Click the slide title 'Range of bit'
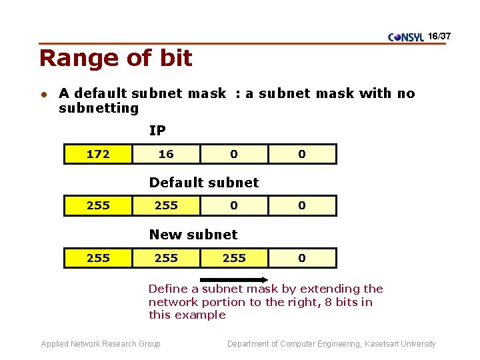pos(115,59)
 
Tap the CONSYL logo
pos(405,37)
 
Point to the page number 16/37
pos(440,35)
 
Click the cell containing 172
pos(98,154)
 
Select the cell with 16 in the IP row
pos(166,154)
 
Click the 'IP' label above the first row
pos(157,131)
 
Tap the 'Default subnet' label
pos(203,183)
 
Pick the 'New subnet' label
pos(193,235)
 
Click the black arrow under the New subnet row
pos(234,280)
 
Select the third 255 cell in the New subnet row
pos(234,258)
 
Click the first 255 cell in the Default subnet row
pos(98,206)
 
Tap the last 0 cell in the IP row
pos(302,154)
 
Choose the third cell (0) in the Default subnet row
pos(234,206)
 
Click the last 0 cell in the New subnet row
pos(302,258)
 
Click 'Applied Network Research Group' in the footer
pos(101,344)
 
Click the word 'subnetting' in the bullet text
pos(99,108)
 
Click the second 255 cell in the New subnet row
pos(166,258)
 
